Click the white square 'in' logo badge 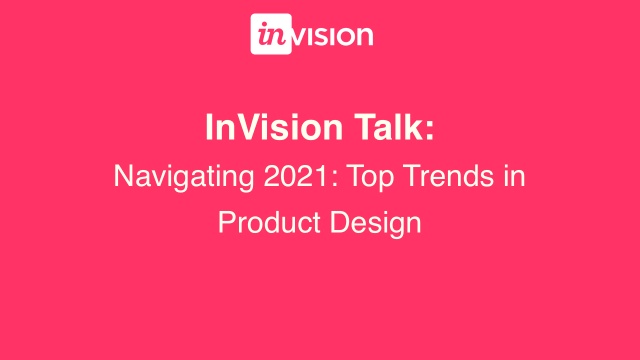click(270, 35)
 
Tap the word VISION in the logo click(333, 36)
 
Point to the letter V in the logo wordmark click(300, 36)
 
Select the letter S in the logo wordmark click(323, 36)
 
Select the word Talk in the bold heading click(389, 129)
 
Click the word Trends click(421, 177)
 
